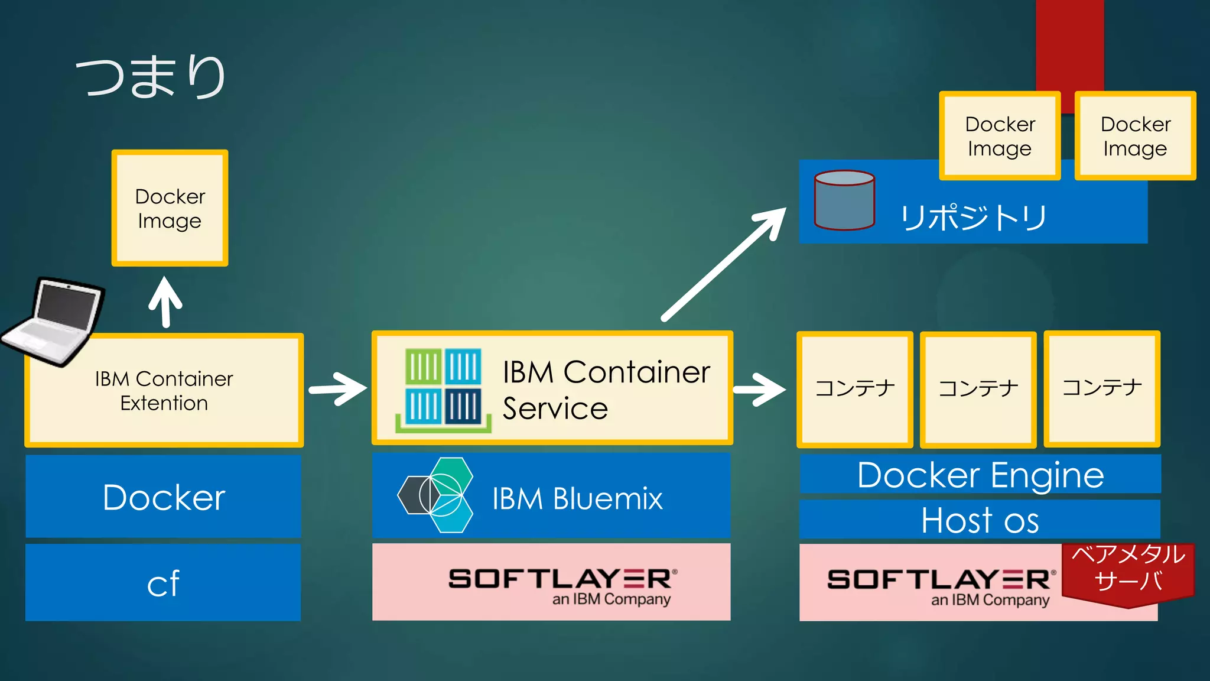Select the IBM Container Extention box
coord(164,391)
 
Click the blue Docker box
coord(163,497)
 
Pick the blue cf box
coord(163,583)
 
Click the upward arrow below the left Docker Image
coord(165,301)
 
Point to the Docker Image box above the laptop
coord(170,208)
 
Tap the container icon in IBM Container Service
coord(443,389)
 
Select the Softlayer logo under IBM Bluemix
coord(561,584)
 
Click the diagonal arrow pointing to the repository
coord(724,264)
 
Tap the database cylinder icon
coord(844,200)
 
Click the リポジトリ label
coord(972,218)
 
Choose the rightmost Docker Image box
coord(1135,136)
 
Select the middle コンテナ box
coord(978,389)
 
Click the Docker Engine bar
coord(980,475)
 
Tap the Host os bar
coord(980,520)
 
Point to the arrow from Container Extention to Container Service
coord(338,388)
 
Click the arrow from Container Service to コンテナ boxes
coord(759,389)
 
